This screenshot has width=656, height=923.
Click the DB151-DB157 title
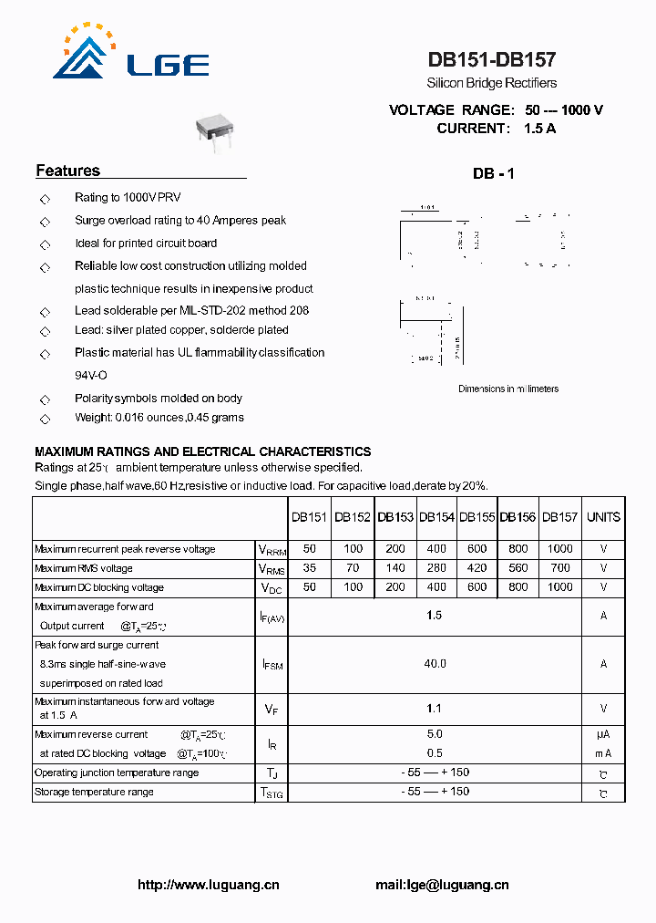(x=492, y=60)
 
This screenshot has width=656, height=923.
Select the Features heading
(x=67, y=171)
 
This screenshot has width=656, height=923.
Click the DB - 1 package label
(x=493, y=173)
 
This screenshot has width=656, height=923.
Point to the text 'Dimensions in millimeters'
(x=508, y=389)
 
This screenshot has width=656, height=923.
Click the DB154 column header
(x=436, y=517)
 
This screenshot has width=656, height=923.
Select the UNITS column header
(x=603, y=517)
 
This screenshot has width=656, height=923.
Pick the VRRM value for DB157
(x=559, y=549)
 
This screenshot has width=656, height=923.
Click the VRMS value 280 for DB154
(x=436, y=568)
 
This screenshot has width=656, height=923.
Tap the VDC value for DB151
(x=310, y=587)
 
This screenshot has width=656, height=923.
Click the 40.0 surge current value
(x=435, y=664)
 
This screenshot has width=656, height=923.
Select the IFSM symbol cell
(x=272, y=665)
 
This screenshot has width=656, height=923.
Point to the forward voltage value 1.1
(x=435, y=708)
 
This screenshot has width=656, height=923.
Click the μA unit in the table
(x=603, y=734)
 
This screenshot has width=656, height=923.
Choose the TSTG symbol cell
(x=272, y=793)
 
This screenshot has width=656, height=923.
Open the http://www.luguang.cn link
(x=209, y=885)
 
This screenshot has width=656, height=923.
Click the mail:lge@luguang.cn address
(x=442, y=885)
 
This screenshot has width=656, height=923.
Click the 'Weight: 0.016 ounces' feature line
(x=159, y=418)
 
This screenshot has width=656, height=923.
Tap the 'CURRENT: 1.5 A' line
(x=496, y=129)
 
